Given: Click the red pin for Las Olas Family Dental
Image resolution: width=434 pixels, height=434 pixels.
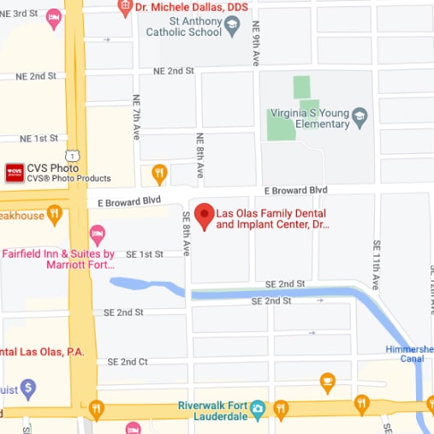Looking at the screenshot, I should pos(204,216).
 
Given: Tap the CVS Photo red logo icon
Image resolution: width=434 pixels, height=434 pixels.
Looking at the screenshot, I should pos(14,173).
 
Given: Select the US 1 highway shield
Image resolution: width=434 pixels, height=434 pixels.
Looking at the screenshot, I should pos(77,154).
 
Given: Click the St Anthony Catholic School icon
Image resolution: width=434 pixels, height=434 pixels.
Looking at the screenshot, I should pos(232,31).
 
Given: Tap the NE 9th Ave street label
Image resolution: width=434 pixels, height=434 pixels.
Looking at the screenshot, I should pos(256,45).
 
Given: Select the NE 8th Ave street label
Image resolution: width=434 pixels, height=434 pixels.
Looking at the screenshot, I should pos(201,155).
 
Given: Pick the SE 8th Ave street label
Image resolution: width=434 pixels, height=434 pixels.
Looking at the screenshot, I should pos(185,231).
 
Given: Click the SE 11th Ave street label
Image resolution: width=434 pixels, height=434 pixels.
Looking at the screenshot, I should pos(376,265).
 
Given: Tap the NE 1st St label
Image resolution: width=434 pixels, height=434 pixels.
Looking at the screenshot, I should pos(38,138).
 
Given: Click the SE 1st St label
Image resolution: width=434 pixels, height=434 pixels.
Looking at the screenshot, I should pos(144,254).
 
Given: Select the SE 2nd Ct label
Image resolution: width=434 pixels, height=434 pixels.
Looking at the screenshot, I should pos(128,362).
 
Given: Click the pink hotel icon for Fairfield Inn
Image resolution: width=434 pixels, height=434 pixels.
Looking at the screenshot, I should pos(98,233).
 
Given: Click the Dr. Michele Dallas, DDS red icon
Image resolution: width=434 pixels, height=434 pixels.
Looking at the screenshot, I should pos(126,7).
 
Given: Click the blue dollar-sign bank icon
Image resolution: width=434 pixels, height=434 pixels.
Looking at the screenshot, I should pos(27,389).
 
